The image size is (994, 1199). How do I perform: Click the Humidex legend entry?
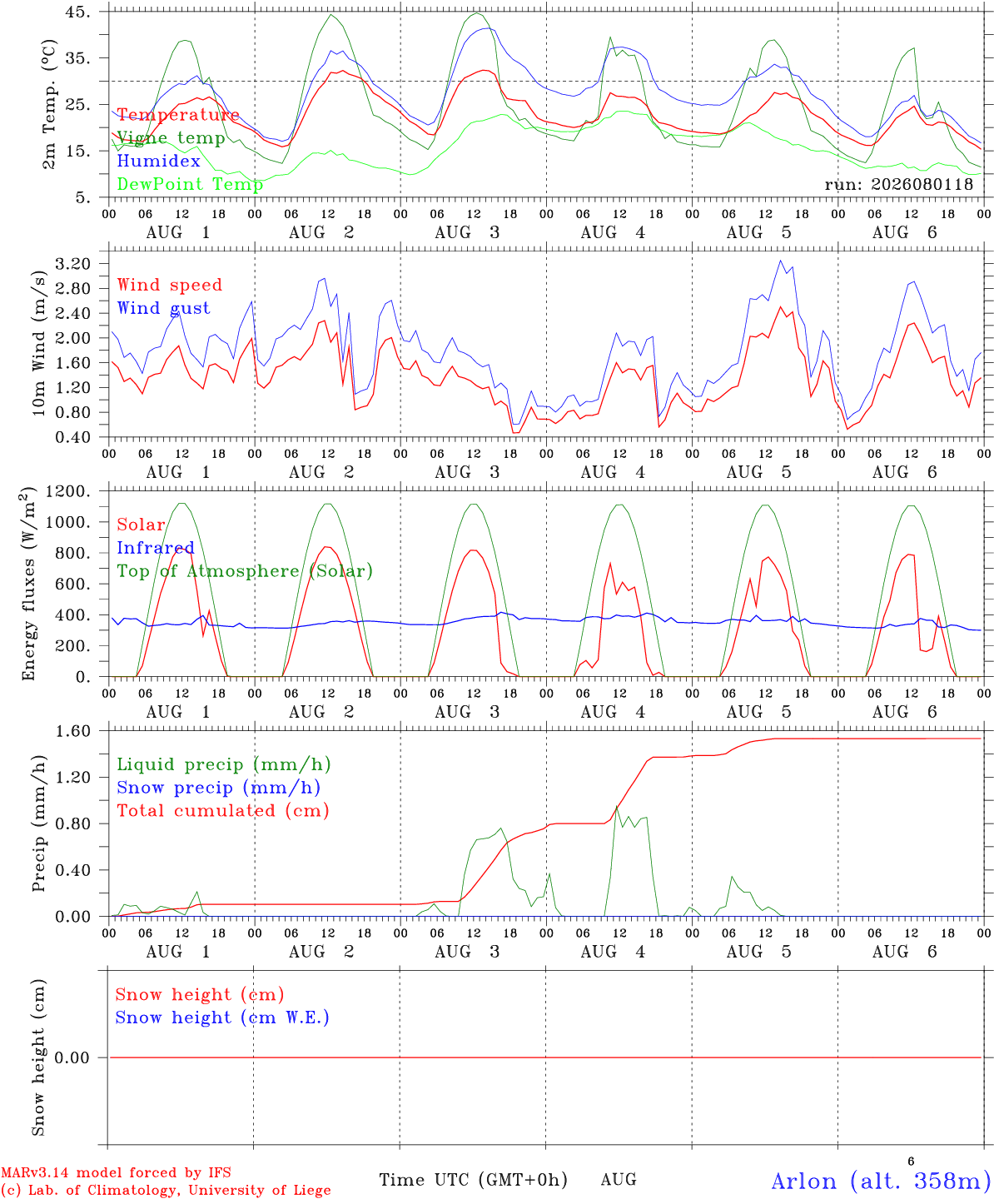coord(158,161)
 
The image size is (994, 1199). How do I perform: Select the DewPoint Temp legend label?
coord(190,184)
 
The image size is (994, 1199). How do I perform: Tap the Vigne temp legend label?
coord(171,138)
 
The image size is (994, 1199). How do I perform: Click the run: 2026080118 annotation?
coord(898,184)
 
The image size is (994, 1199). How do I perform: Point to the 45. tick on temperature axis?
coord(78,12)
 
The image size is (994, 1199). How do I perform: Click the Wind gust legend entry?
coord(164,308)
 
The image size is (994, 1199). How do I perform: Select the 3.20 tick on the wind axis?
coord(73,264)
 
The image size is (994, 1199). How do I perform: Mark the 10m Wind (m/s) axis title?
coord(38,342)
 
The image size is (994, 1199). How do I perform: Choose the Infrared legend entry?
coord(156,548)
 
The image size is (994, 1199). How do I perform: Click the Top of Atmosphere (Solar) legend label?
coord(246,571)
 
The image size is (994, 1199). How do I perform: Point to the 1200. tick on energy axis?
coord(68,491)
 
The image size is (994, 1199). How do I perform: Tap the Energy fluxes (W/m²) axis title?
coord(28,584)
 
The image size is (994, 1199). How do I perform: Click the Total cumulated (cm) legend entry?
coord(223,811)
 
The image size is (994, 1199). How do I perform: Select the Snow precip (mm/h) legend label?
coord(219,788)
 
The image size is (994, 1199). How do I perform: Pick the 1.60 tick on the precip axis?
coord(73,731)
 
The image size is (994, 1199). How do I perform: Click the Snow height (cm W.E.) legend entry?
coord(222,1017)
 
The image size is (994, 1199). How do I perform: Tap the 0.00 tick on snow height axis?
coord(72,1057)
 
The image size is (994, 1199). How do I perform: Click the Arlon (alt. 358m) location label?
coord(877,1182)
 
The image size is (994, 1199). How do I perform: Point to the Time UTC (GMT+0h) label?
coord(473,1180)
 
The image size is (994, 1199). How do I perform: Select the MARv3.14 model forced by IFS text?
coord(116,1172)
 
